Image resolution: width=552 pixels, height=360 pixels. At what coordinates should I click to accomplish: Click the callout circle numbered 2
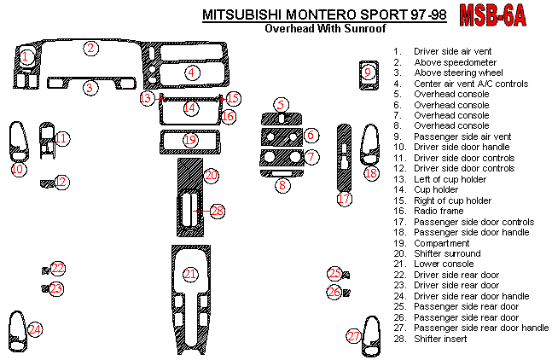90,48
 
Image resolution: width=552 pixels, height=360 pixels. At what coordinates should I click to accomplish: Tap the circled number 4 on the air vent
192,73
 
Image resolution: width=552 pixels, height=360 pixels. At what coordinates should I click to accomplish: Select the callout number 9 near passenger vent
368,73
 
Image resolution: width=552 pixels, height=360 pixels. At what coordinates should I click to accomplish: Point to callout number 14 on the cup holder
190,108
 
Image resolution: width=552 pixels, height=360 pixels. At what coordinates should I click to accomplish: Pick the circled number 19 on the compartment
190,139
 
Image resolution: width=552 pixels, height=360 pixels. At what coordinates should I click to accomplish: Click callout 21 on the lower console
191,274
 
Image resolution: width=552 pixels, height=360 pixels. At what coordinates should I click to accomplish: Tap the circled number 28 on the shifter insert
217,210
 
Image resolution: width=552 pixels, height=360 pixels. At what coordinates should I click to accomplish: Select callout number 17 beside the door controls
344,199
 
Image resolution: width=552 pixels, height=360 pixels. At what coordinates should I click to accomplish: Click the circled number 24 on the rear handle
34,329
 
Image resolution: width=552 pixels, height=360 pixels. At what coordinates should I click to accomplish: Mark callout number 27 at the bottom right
354,336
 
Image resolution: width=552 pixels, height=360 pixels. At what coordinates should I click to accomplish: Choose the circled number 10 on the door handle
17,169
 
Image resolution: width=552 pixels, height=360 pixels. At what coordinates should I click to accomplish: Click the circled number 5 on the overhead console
282,104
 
